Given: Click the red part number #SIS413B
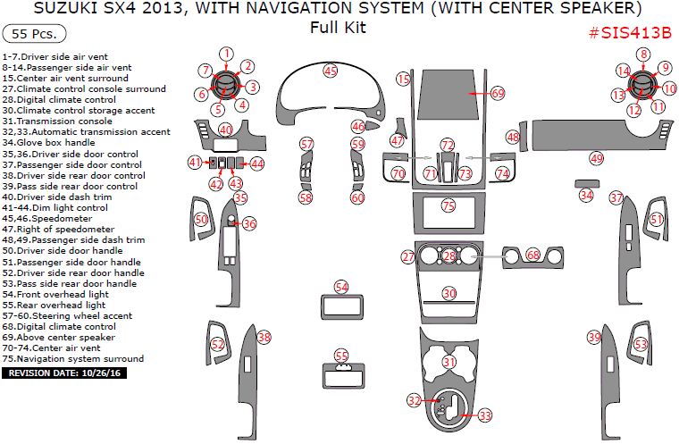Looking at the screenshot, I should pyautogui.click(x=630, y=33).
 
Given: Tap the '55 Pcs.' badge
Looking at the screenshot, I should pyautogui.click(x=34, y=35).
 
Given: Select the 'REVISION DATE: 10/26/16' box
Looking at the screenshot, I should pyautogui.click(x=65, y=373).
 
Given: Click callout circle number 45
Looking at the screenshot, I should pyautogui.click(x=331, y=71).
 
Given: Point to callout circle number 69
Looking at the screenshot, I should pyautogui.click(x=498, y=93).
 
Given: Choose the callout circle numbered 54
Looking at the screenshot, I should pyautogui.click(x=341, y=287).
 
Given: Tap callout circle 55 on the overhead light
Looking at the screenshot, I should pyautogui.click(x=341, y=356).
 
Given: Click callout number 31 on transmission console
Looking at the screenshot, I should pyautogui.click(x=449, y=362).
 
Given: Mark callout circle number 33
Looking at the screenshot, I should pyautogui.click(x=485, y=415).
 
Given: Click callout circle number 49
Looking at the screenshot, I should pyautogui.click(x=596, y=158).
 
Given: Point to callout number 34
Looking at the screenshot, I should pyautogui.click(x=586, y=195).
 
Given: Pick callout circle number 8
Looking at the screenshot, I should pyautogui.click(x=642, y=54).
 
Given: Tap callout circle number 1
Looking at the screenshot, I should pyautogui.click(x=227, y=54).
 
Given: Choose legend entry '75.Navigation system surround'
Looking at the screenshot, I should pyautogui.click(x=72, y=359).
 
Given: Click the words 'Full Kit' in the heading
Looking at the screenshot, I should pyautogui.click(x=338, y=28).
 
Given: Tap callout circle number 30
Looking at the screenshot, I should pyautogui.click(x=449, y=293).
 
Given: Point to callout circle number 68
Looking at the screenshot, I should pyautogui.click(x=533, y=256).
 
